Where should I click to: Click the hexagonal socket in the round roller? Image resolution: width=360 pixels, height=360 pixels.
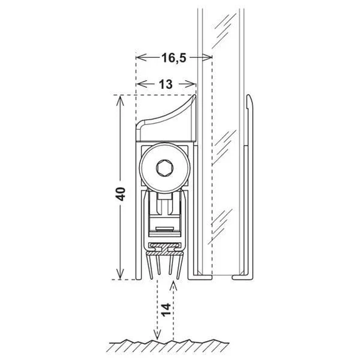[165, 168]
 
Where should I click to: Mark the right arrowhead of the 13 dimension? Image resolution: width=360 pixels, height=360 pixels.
[194, 85]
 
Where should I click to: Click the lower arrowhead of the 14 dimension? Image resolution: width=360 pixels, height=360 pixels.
[157, 336]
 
